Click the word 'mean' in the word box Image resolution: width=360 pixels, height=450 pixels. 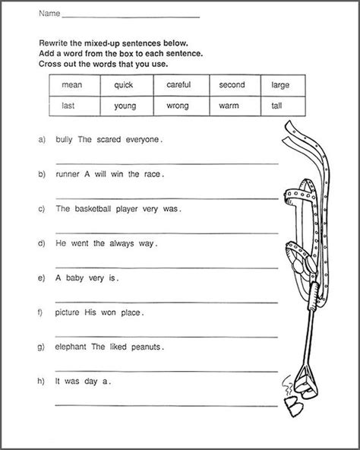coord(72,85)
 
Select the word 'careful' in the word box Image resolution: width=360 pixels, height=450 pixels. coord(178,84)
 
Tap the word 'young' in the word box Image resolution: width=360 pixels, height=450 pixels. coord(125,106)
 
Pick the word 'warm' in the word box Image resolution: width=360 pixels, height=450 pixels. coord(229,106)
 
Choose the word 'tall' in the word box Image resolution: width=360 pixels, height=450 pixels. coord(276,106)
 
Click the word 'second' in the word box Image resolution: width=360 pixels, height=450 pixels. coord(232,84)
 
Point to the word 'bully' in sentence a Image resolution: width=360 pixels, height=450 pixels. coord(64,140)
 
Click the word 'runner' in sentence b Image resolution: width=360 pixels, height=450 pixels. coord(68,174)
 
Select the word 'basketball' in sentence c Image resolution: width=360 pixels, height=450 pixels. coord(93,208)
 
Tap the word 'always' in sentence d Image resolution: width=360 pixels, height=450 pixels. coord(122,244)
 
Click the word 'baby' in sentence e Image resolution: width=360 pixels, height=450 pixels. coord(74,278)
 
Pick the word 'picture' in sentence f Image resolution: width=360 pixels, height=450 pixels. coord(67,312)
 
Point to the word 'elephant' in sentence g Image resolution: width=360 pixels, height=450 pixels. coord(71,347)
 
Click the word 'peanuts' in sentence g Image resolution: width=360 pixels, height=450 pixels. coord(146,347)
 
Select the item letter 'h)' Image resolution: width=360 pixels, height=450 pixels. coord(41,382)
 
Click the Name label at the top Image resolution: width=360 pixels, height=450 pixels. coord(49,14)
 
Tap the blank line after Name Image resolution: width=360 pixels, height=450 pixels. coord(131,17)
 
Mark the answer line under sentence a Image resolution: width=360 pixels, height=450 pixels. coord(167,164)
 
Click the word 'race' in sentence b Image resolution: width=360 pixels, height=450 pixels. coord(153,175)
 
